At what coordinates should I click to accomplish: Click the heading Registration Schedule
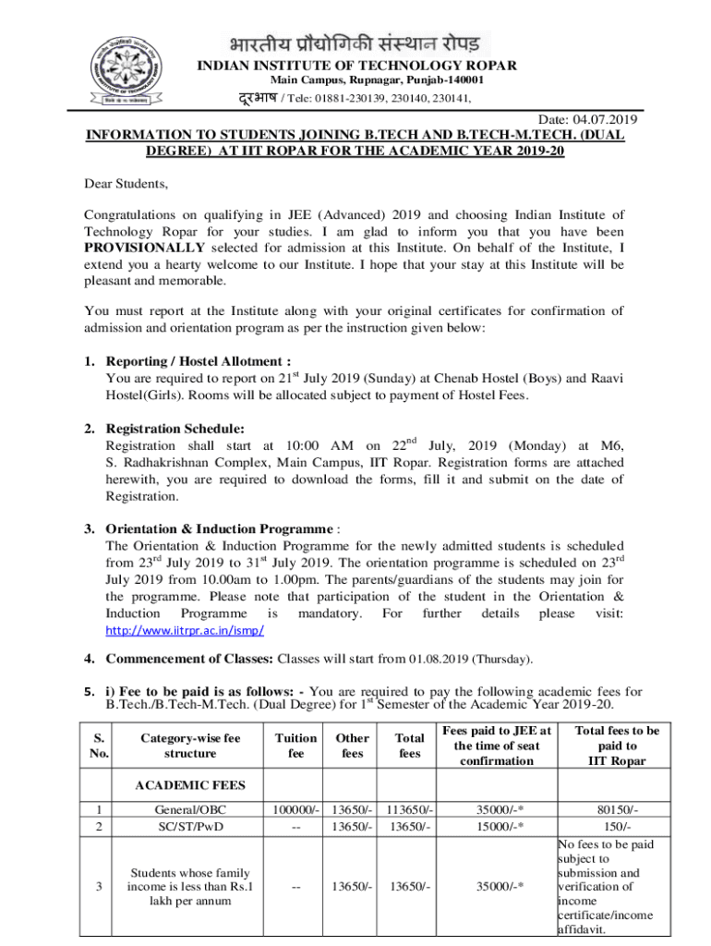click(175, 428)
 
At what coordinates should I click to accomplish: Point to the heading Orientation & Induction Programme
click(219, 529)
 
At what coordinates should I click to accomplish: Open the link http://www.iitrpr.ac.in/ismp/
click(186, 630)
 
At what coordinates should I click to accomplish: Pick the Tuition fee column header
click(295, 746)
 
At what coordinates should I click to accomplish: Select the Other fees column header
click(352, 746)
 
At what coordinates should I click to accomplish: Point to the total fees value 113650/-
click(409, 810)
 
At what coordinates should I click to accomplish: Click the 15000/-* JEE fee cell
click(500, 827)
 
